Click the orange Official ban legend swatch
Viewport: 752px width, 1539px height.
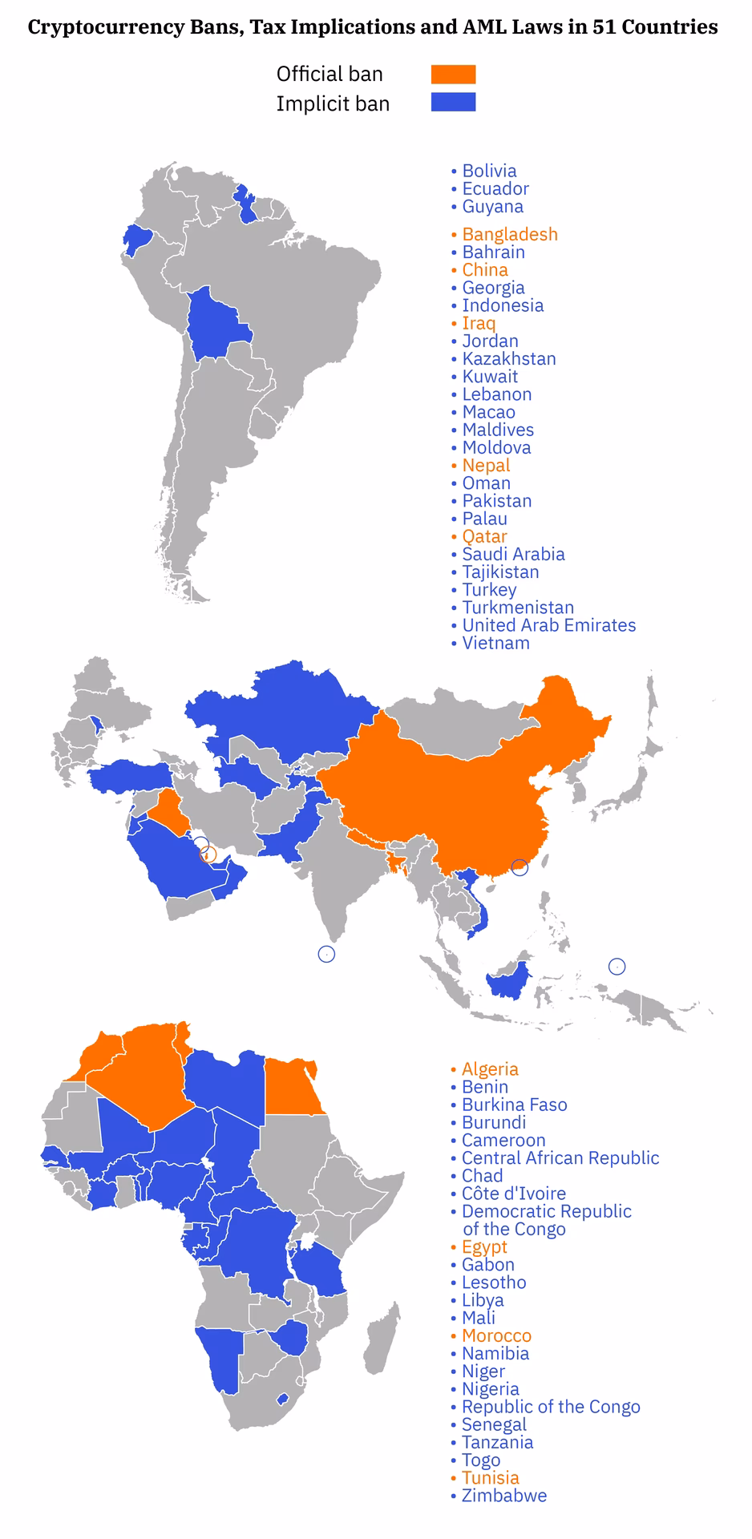coord(453,75)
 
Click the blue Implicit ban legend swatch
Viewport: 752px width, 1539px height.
coord(453,102)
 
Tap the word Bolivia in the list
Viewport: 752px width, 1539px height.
coord(489,171)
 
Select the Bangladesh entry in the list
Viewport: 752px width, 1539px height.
coord(509,234)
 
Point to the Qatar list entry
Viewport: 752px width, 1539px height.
coord(484,536)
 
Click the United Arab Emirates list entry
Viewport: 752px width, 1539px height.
coord(548,625)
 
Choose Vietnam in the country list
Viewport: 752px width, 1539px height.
coord(495,643)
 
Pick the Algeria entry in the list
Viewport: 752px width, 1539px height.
coord(490,1069)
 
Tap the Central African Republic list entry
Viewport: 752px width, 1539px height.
coord(560,1158)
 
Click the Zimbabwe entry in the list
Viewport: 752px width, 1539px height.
coord(503,1496)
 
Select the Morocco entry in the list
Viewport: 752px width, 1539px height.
coord(496,1335)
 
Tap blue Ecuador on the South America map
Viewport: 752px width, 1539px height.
coord(137,238)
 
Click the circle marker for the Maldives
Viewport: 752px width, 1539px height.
coord(326,954)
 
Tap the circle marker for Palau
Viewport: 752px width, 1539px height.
coord(617,966)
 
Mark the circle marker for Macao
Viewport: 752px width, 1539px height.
coord(520,866)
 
